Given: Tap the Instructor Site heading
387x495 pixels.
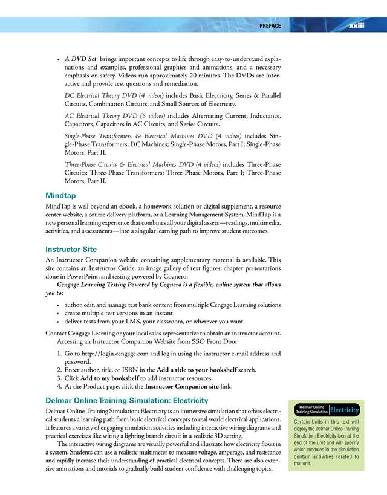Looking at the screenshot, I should click(71, 249).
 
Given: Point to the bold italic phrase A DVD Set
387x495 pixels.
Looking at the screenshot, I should click(80, 59).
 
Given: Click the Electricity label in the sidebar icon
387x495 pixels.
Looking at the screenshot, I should click(345, 409).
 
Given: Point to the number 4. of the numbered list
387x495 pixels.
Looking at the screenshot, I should click(59, 386).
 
